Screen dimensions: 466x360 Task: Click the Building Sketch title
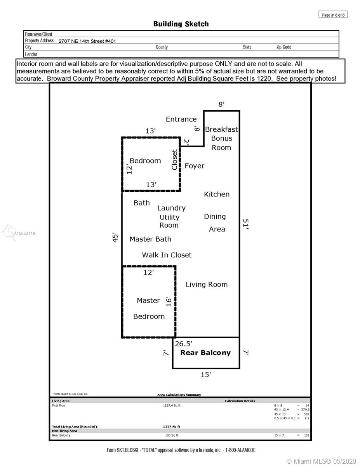181,24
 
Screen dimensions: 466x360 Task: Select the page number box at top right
333,15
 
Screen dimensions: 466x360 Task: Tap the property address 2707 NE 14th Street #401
87,41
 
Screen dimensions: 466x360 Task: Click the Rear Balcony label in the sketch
205,353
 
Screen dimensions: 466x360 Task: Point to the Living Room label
206,285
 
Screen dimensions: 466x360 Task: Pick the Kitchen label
217,194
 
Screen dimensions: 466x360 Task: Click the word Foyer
194,166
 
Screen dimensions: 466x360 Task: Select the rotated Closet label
174,160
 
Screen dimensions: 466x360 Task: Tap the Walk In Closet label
167,255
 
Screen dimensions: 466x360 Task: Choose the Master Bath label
150,239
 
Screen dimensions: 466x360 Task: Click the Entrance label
181,119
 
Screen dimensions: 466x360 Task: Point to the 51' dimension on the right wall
245,224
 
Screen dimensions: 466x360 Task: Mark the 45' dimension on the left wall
115,237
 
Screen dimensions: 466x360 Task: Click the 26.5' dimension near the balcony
183,344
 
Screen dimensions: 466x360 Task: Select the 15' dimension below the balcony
205,375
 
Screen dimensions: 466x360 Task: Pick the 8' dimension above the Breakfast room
222,104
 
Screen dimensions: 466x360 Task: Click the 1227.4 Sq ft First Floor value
171,405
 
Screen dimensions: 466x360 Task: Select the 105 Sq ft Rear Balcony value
171,435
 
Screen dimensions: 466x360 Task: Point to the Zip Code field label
283,47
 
